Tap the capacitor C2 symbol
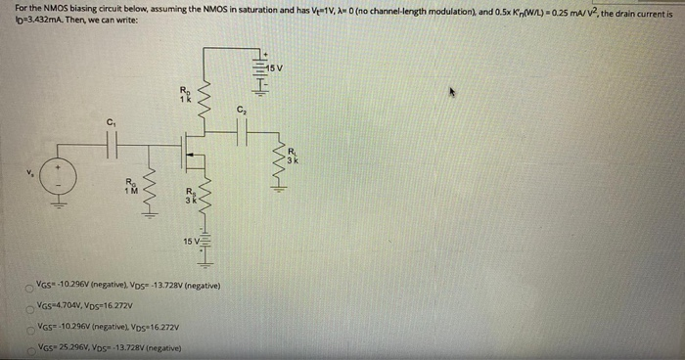(x=240, y=132)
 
